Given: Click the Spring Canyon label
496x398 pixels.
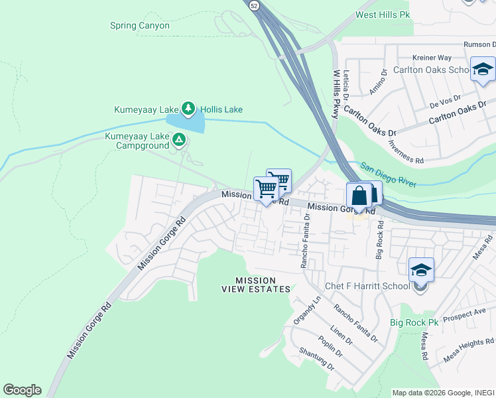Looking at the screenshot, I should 140,26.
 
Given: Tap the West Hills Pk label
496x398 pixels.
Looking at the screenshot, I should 383,14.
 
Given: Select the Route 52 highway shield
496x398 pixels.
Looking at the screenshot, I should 254,5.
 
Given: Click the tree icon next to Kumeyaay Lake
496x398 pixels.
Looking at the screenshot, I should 188,108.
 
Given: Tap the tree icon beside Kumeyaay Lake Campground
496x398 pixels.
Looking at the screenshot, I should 178,139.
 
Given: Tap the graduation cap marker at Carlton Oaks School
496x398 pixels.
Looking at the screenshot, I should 482,69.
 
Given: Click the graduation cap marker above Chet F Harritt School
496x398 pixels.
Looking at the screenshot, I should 421,270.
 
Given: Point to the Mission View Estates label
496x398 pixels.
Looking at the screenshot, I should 255,285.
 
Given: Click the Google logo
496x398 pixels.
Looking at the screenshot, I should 22,390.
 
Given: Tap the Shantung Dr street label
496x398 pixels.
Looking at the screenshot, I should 316,359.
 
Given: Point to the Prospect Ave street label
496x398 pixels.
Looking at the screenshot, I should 464,313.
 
